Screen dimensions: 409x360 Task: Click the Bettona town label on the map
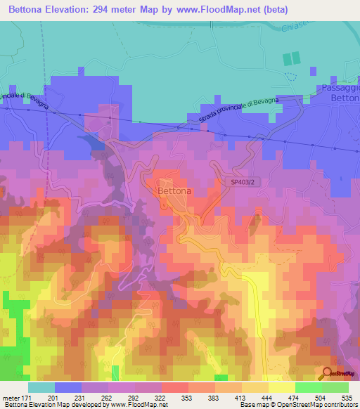pos(174,190)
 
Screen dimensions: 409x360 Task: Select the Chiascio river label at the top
pos(340,29)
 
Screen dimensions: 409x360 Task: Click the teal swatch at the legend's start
pos(41,387)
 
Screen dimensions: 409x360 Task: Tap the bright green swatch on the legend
pos(309,387)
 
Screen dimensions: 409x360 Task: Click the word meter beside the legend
pos(12,398)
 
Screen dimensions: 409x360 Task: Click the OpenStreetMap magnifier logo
pos(328,373)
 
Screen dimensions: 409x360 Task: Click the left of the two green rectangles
pos(287,59)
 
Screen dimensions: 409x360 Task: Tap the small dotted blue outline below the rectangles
pos(292,76)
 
